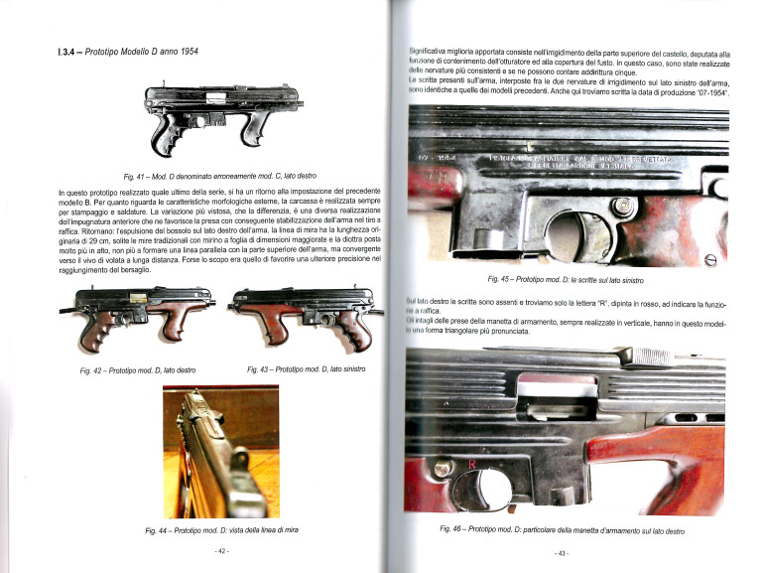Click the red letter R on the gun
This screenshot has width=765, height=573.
pos(472,464)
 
